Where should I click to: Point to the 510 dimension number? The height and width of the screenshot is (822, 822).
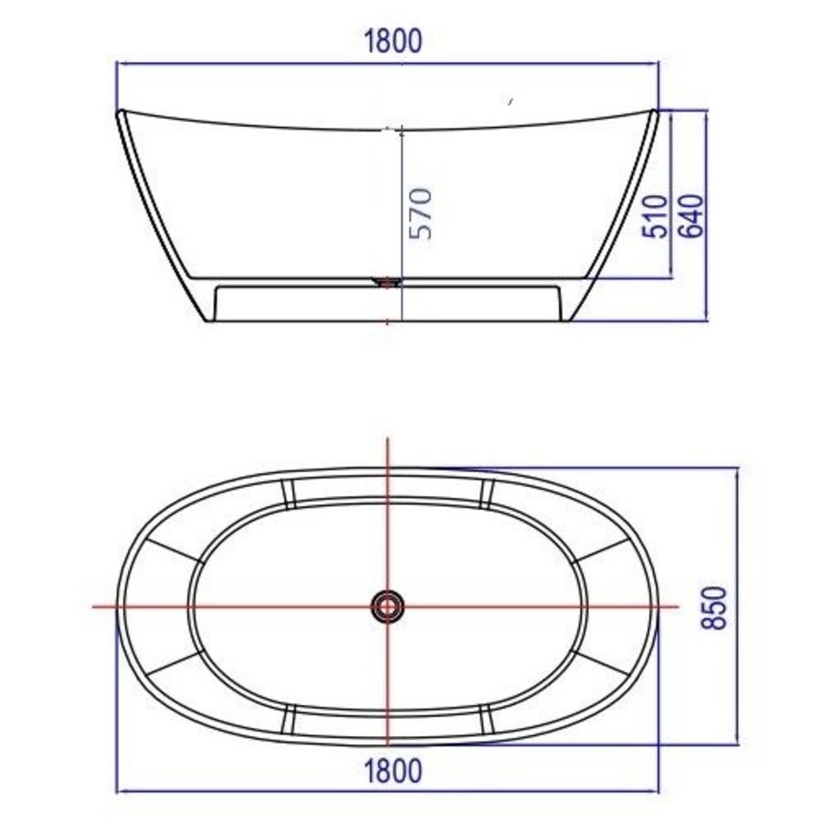pyautogui.click(x=656, y=216)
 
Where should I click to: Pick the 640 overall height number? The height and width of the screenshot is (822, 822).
pyautogui.click(x=690, y=216)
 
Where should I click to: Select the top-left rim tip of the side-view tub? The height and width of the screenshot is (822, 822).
pyautogui.click(x=120, y=113)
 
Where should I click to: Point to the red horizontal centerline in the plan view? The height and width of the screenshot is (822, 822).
pyautogui.click(x=228, y=606)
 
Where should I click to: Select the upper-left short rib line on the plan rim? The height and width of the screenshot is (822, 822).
pyautogui.click(x=290, y=493)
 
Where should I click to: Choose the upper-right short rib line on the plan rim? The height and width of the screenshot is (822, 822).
pyautogui.click(x=487, y=493)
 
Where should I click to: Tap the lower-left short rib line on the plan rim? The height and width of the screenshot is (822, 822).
pyautogui.click(x=290, y=719)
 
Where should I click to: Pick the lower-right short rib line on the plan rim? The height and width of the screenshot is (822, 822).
pyautogui.click(x=487, y=719)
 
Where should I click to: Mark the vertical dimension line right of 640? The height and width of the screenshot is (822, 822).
pyautogui.click(x=709, y=216)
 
